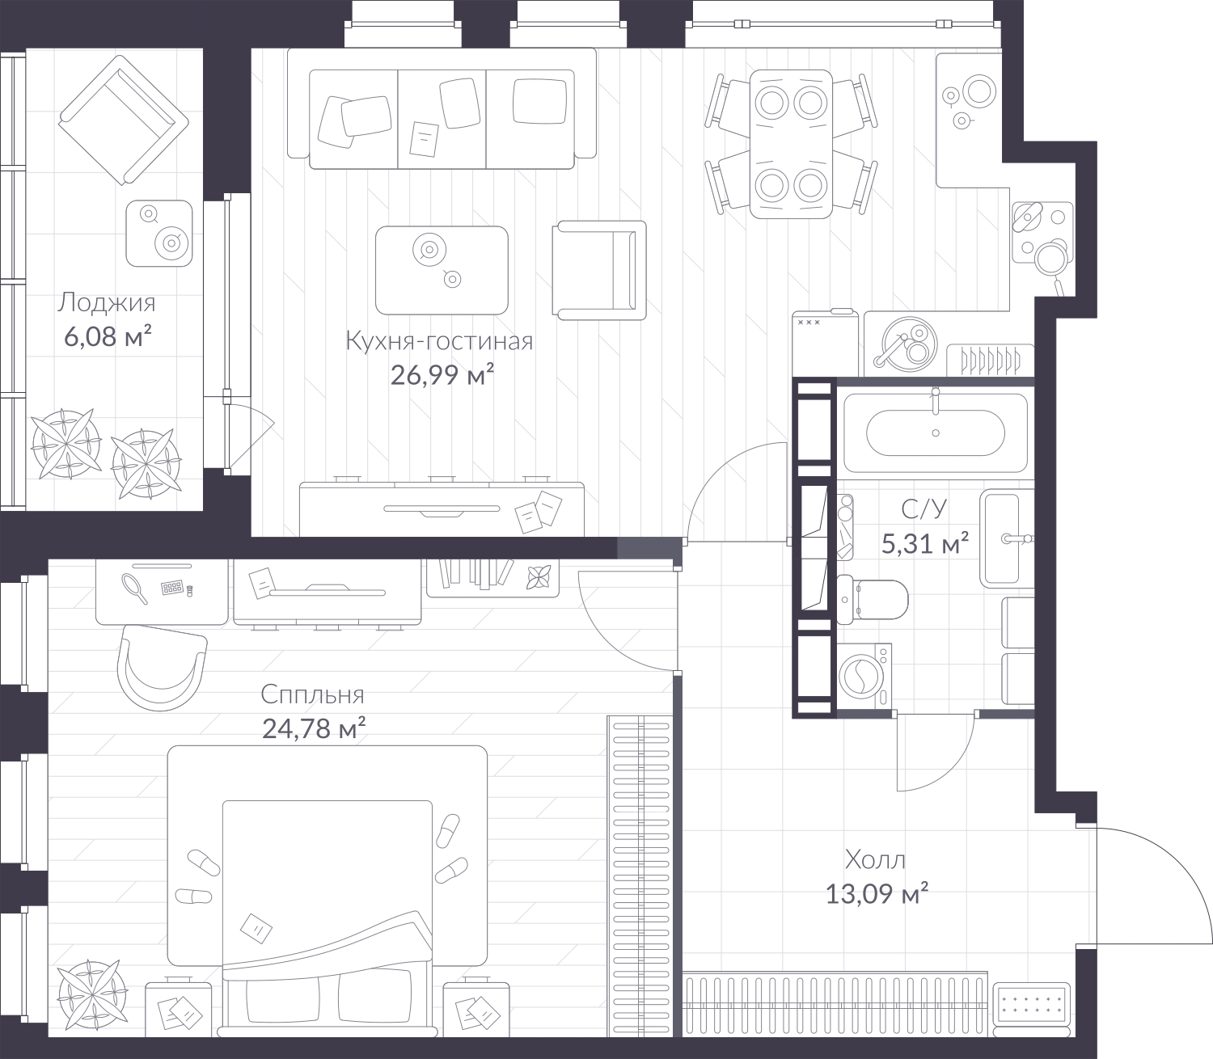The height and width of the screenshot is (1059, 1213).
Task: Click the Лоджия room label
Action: click(107, 303)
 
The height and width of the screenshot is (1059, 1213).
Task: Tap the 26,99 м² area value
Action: click(442, 375)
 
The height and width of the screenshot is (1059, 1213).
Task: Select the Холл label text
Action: click(875, 859)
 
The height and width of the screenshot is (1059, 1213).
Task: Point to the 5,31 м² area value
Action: click(925, 542)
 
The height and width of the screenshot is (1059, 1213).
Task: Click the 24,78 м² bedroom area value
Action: click(314, 728)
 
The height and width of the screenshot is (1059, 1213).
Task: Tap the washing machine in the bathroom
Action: click(865, 676)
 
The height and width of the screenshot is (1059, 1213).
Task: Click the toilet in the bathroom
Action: click(872, 600)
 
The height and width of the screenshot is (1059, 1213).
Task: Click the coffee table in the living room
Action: click(442, 270)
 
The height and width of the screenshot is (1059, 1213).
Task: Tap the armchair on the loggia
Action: click(123, 120)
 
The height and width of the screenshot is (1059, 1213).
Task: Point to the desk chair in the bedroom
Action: click(162, 668)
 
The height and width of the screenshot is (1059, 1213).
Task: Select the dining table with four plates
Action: click(790, 144)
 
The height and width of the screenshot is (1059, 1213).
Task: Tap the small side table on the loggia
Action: click(158, 234)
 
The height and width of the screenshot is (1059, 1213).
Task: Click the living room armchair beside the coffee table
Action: click(598, 270)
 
